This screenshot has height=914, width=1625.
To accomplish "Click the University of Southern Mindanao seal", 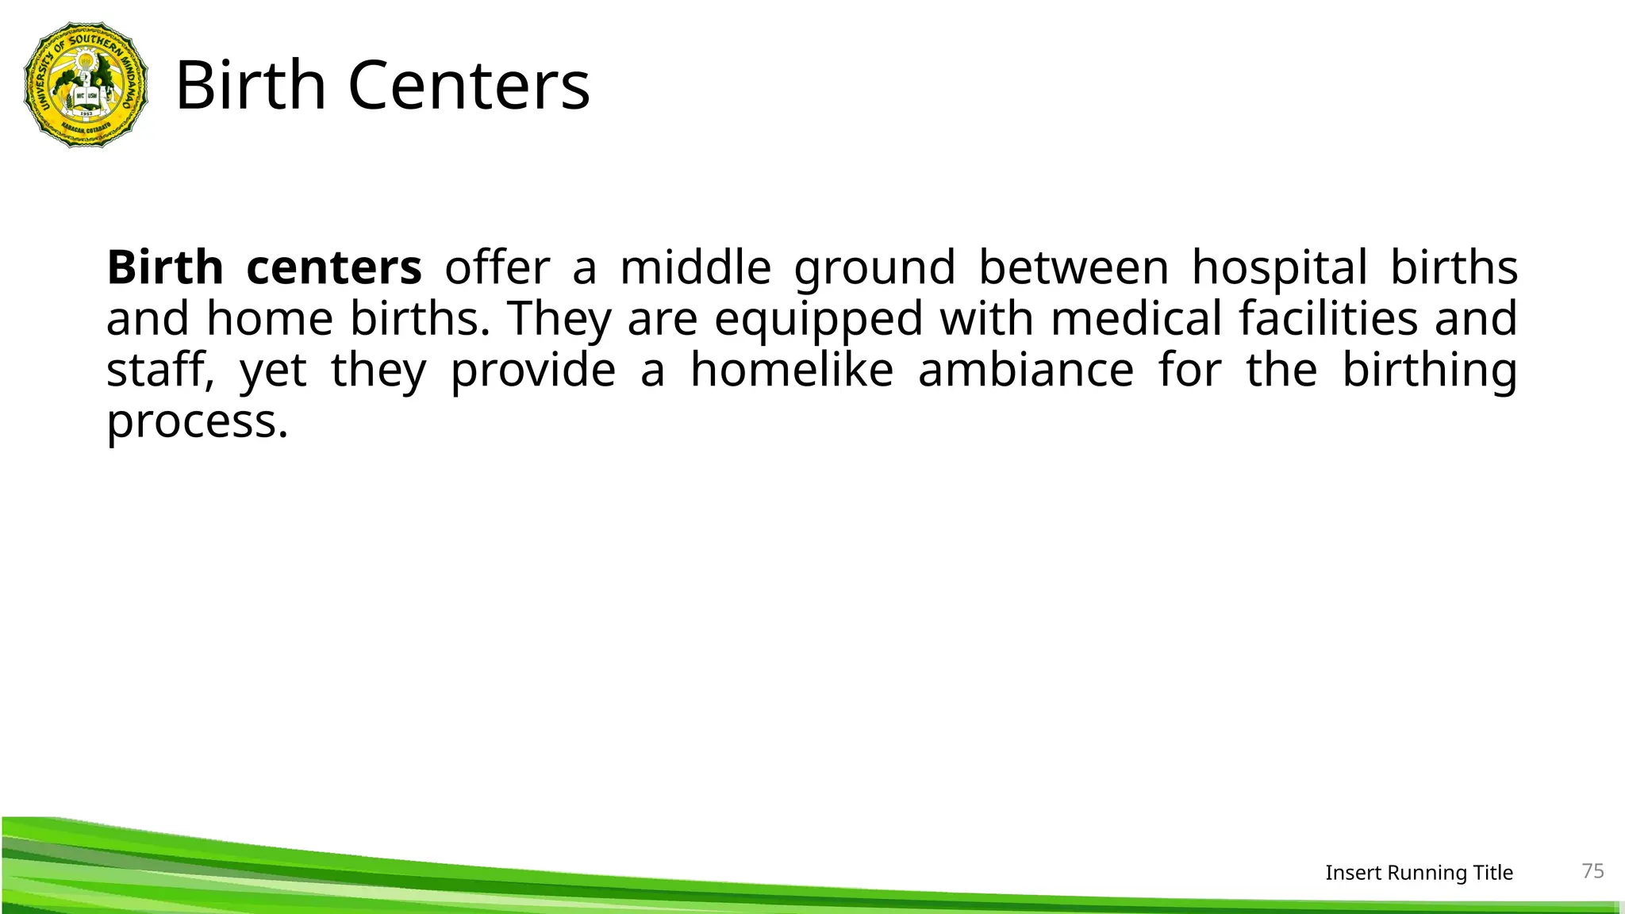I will point(86,85).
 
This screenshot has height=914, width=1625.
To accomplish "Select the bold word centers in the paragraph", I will point(334,267).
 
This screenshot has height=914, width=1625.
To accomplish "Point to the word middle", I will point(695,267).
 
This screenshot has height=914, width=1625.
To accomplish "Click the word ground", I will point(874,269).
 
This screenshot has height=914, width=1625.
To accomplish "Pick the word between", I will point(1074,267).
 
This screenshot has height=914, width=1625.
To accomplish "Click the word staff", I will point(159,371).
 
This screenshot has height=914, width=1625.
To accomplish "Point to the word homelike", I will point(792,371).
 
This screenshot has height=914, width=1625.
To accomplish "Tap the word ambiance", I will point(1026,371).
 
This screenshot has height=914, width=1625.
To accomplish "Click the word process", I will point(197,422).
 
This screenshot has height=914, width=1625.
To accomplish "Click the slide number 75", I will point(1592,871).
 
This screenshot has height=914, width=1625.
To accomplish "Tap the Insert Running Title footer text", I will point(1419,873).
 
